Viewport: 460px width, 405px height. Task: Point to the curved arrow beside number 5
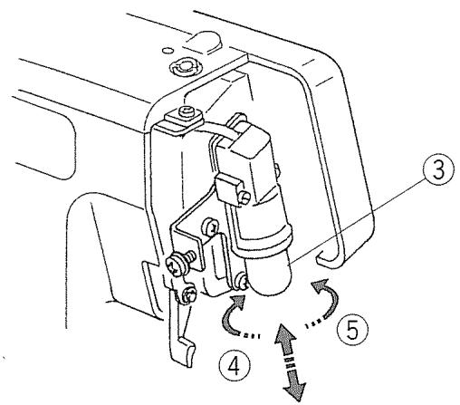tap(324, 294)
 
